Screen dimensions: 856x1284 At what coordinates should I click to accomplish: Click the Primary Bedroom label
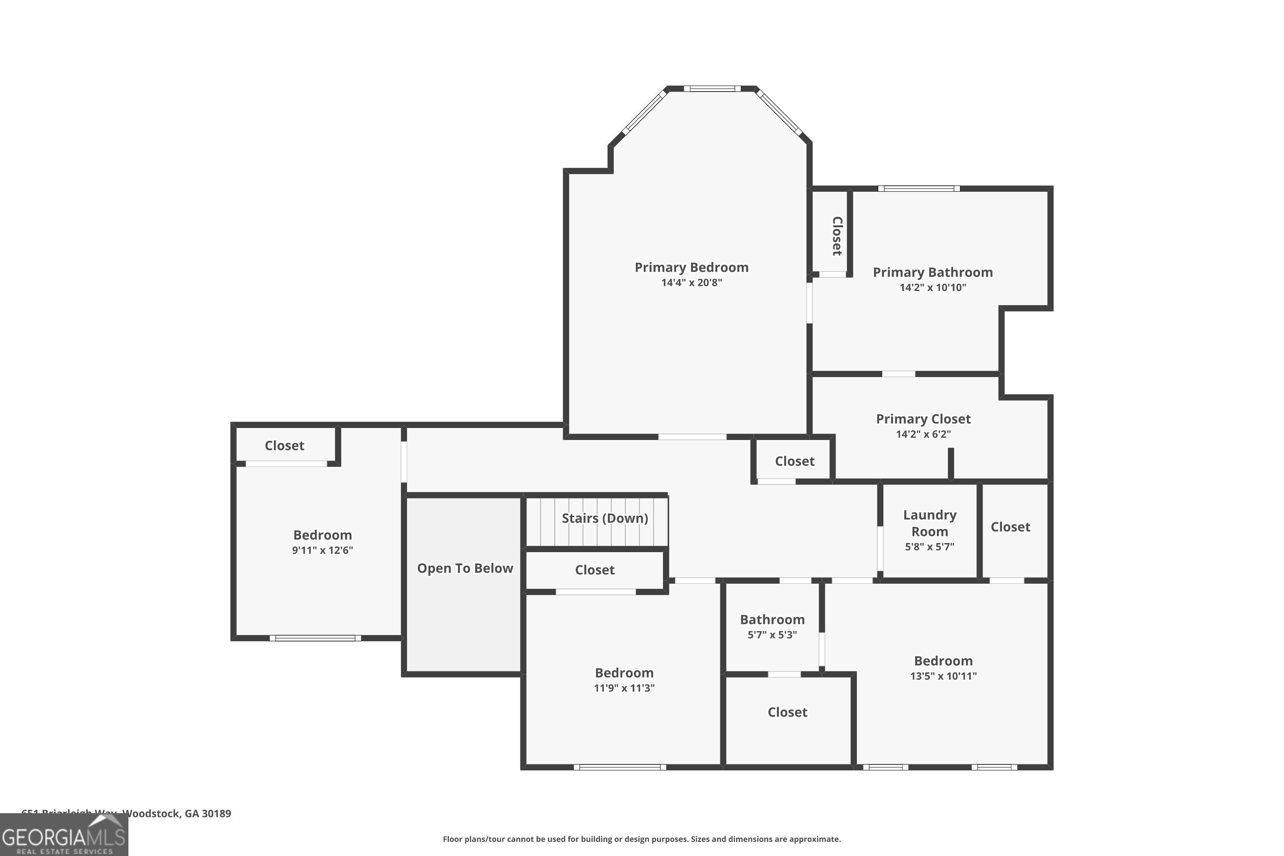pos(691,267)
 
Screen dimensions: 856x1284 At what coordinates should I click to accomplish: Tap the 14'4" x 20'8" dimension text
pos(691,283)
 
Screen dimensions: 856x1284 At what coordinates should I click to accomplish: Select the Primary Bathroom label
pos(933,272)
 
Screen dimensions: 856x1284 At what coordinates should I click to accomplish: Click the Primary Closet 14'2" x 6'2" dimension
pos(923,434)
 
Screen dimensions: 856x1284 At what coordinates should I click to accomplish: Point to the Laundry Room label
pos(930,523)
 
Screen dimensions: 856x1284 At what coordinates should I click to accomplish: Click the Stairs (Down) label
pos(605,518)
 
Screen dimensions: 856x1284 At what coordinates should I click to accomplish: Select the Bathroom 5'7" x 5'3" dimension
pos(772,635)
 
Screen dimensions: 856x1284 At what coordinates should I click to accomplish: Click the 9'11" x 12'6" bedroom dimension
pos(322,550)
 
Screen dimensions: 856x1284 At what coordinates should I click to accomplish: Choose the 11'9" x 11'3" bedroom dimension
pos(624,688)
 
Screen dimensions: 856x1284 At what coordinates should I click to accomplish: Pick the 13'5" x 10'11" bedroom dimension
pos(943,676)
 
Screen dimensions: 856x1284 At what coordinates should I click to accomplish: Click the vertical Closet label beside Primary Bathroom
pos(837,236)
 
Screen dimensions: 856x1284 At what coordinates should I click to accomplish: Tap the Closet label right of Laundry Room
pos(1011,527)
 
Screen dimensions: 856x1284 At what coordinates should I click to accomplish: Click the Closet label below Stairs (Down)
pos(594,570)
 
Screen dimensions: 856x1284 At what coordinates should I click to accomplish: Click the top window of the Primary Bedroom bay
pos(712,89)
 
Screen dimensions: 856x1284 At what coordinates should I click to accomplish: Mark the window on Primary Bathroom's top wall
pos(919,189)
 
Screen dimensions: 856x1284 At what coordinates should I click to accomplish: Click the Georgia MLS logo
pos(64,836)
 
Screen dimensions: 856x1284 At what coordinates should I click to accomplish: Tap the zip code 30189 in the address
pos(216,814)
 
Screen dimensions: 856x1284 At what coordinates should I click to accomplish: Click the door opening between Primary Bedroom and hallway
pos(692,437)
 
